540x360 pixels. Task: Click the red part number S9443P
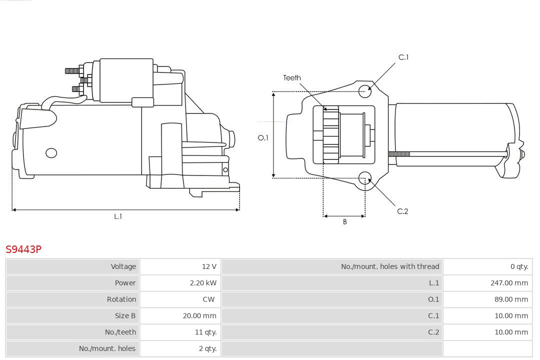pyautogui.click(x=23, y=249)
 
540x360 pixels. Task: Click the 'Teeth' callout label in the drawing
pyautogui.click(x=292, y=78)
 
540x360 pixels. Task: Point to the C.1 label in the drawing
pyautogui.click(x=403, y=57)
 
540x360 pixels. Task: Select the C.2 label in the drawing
pyautogui.click(x=402, y=211)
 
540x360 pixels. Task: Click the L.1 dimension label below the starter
pyautogui.click(x=118, y=216)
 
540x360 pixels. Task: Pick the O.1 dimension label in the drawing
pyautogui.click(x=263, y=138)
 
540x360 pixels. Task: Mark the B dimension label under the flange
pyautogui.click(x=344, y=222)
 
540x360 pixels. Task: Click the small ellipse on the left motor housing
pyautogui.click(x=51, y=153)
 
